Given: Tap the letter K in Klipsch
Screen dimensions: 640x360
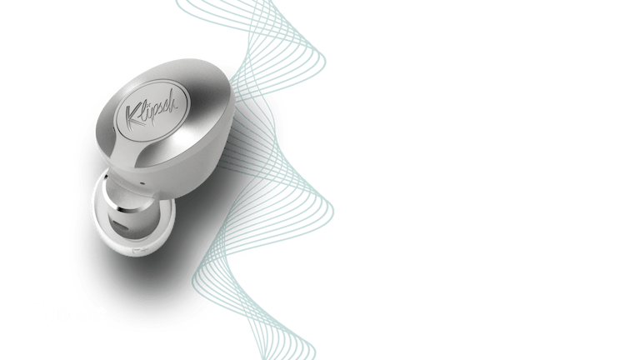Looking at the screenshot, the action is (x=133, y=117).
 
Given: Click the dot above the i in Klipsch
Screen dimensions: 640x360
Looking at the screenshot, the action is (x=149, y=101).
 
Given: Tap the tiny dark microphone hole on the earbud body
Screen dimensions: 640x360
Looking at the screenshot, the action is (x=142, y=182).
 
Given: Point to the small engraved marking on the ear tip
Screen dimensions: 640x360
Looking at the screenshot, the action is (x=140, y=250).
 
